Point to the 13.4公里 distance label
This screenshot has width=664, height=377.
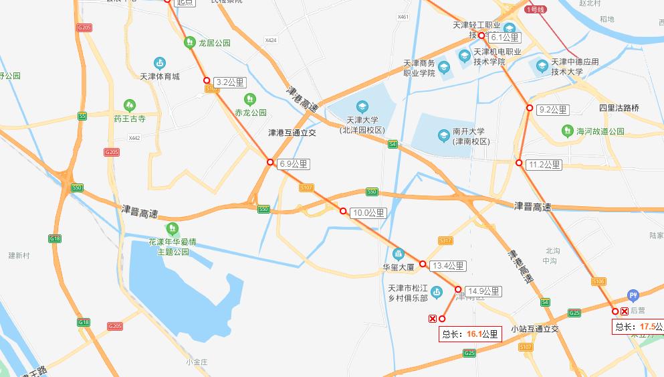tap(447, 266)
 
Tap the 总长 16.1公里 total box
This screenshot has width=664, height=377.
tap(470, 334)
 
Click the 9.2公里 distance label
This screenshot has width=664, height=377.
tap(552, 110)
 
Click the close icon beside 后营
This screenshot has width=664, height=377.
tap(625, 311)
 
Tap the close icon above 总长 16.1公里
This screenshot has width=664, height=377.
tap(432, 319)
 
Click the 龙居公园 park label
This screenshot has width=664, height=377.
tap(214, 43)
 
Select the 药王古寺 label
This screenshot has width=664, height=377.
tap(129, 119)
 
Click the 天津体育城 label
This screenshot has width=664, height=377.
tap(159, 76)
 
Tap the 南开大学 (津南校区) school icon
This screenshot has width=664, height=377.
tap(443, 136)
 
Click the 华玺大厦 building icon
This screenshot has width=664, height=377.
tap(399, 254)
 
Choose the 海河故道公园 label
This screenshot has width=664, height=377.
tap(600, 132)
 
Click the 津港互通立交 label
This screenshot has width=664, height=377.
tap(292, 133)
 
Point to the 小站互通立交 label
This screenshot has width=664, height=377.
tap(534, 329)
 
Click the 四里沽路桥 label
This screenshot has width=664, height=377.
tap(619, 108)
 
